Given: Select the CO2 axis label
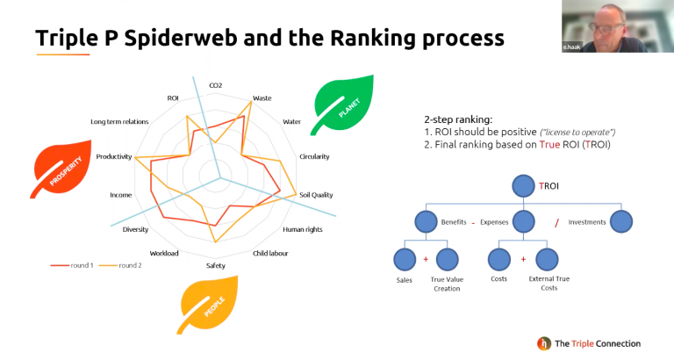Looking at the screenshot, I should (215, 85).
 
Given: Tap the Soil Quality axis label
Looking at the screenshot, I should (316, 195).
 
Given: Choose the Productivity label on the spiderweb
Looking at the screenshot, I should (114, 157).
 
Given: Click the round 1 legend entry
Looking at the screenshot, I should (72, 264).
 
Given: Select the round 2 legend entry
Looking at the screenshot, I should (118, 264).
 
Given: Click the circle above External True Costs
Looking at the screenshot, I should (548, 260).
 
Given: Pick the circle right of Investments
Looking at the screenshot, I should (621, 222).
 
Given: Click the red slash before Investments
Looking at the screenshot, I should (556, 223).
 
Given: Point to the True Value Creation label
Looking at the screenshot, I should (447, 284).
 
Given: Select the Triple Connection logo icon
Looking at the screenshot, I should (544, 343).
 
